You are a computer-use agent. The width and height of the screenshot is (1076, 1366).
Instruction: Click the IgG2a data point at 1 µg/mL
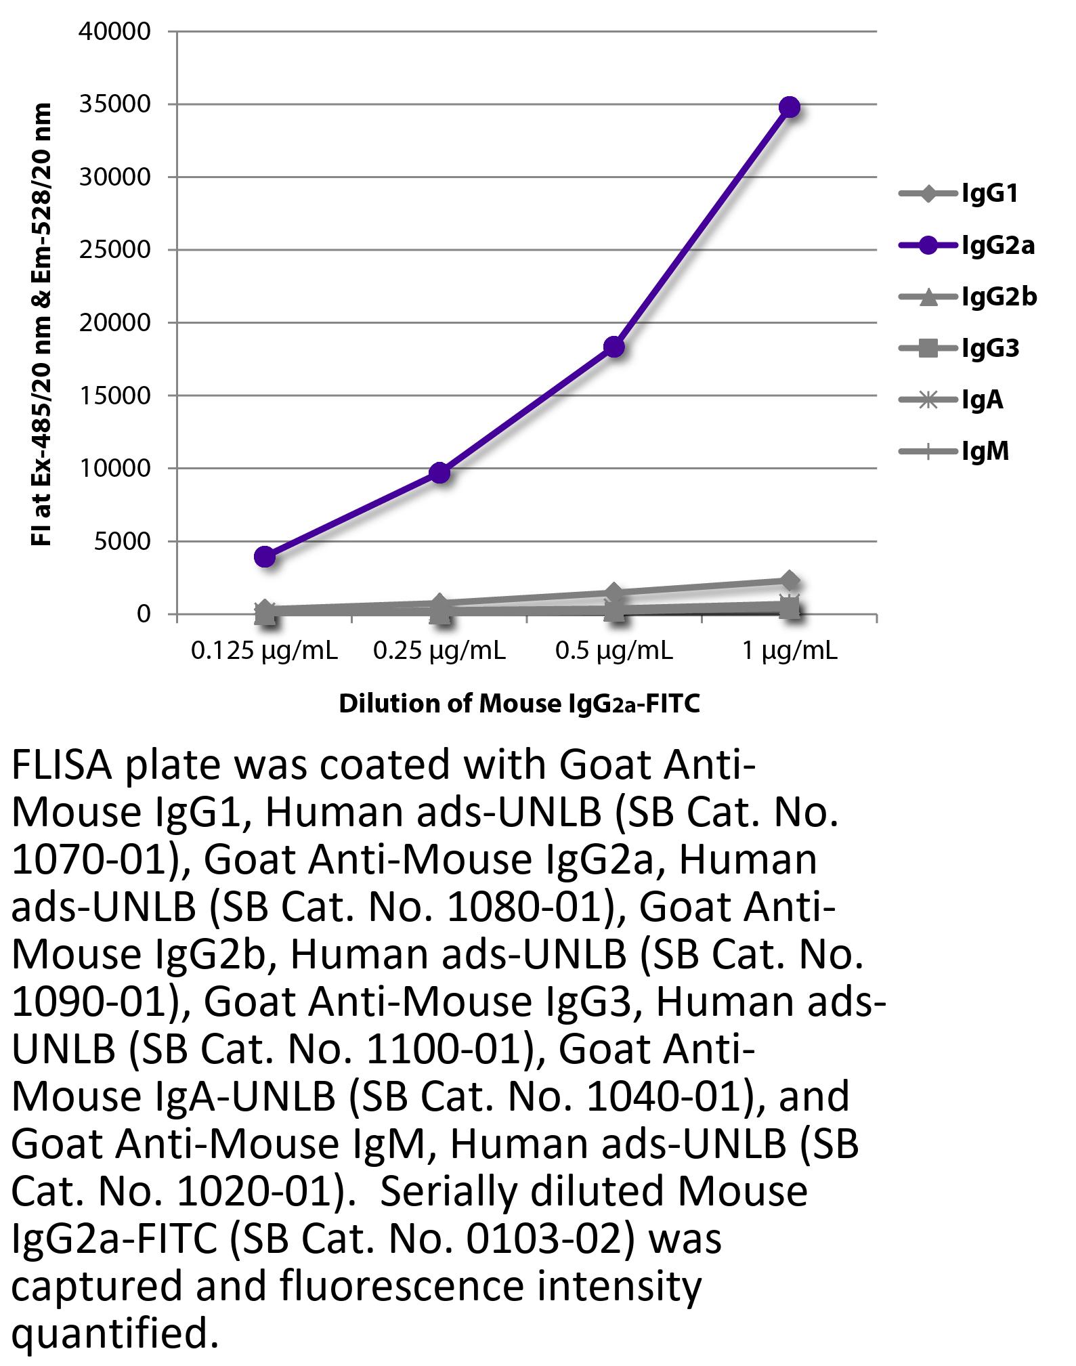coord(790,107)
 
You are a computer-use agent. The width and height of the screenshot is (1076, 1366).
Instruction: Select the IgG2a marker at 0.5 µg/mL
coord(614,347)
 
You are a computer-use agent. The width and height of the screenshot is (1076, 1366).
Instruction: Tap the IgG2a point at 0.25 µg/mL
coord(440,473)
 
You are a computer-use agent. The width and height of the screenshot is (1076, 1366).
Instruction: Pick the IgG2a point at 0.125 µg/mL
coord(265,557)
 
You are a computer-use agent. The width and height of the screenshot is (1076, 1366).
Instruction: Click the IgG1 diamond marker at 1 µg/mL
coord(790,580)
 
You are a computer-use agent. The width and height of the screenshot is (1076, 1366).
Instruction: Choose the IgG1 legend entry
coord(989,194)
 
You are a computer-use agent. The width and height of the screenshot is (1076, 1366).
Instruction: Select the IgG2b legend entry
coord(999,297)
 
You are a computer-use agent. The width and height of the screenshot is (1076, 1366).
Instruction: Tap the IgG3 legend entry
coord(990,349)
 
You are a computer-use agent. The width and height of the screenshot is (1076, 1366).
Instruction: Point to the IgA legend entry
coord(982,400)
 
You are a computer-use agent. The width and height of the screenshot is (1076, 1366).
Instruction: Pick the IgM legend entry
coord(985,451)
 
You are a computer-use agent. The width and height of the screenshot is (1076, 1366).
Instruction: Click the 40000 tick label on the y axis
coord(114,31)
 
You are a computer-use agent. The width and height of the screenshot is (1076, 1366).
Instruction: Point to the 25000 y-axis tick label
coord(114,250)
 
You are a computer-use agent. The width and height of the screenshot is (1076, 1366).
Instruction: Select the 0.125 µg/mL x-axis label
coord(264,651)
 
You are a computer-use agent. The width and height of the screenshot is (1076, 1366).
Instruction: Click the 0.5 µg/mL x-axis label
coord(614,651)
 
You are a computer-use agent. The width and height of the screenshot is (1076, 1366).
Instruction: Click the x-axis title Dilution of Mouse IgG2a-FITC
coord(519,704)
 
